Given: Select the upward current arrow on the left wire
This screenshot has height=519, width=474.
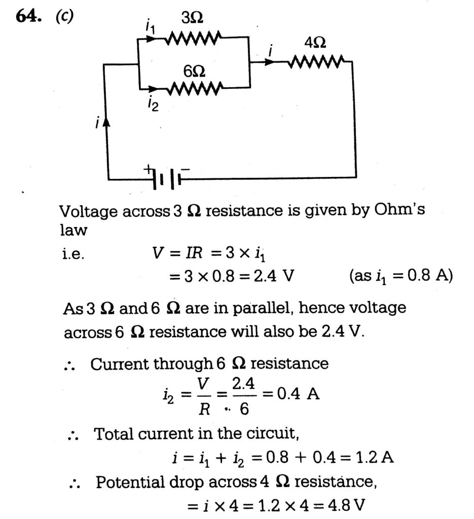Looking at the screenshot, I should (x=106, y=123).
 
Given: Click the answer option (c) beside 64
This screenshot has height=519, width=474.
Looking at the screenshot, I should (x=65, y=16).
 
